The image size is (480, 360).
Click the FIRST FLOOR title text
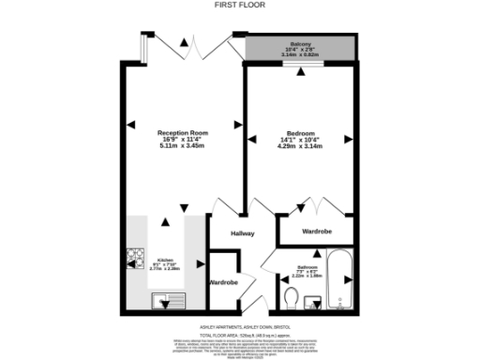[240, 5]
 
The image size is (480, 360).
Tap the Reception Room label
[182, 134]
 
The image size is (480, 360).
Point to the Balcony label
[301, 43]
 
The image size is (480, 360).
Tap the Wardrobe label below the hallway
[223, 282]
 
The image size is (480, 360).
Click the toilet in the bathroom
[291, 299]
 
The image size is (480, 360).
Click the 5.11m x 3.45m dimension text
[182, 147]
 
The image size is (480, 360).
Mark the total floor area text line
[240, 334]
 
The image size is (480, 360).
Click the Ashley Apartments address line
[240, 327]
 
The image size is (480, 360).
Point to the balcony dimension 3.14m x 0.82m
[301, 55]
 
